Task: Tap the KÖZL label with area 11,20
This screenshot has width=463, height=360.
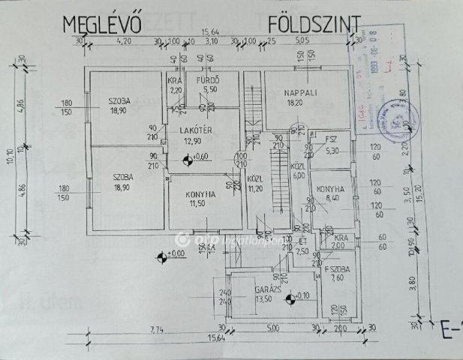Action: pyautogui.click(x=255, y=181)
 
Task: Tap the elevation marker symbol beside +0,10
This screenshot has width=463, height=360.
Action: pyautogui.click(x=290, y=302)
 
